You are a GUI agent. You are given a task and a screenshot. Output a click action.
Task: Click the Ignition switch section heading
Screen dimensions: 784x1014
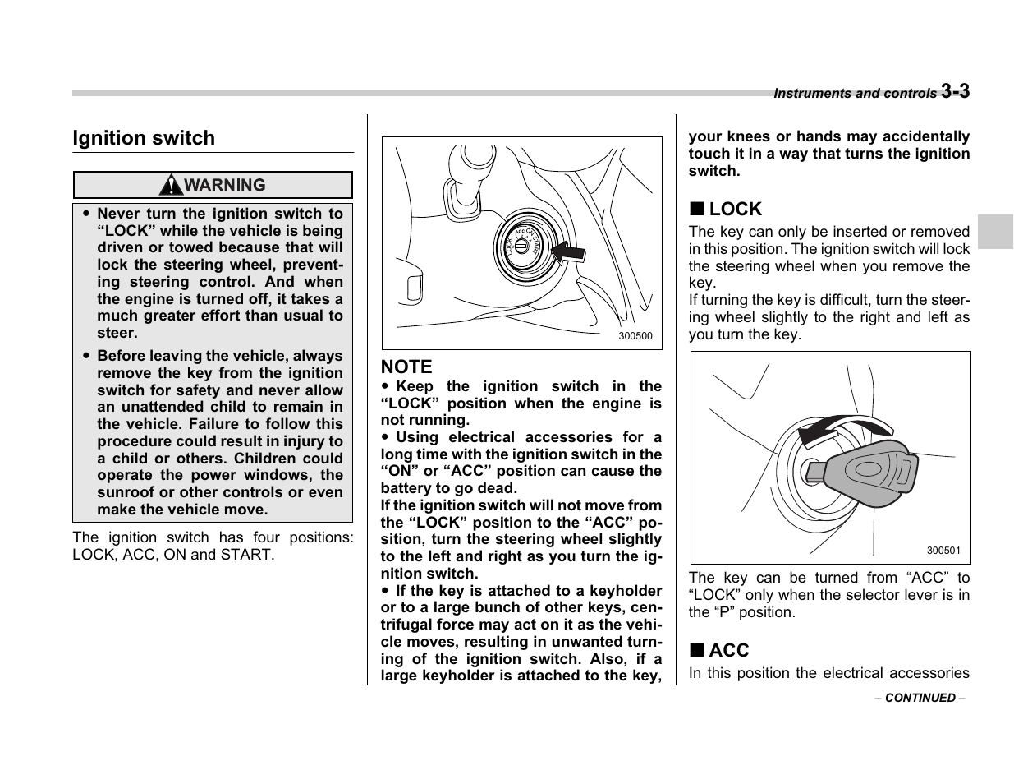point(144,138)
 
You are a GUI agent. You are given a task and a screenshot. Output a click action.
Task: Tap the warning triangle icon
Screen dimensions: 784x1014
point(172,185)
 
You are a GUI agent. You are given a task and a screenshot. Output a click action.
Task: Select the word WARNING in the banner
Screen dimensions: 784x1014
point(224,185)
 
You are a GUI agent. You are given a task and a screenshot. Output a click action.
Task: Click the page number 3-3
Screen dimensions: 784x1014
point(955,91)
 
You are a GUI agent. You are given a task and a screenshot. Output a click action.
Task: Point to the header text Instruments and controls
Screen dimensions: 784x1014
point(854,94)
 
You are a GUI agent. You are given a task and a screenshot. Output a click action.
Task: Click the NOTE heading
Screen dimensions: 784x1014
point(406,367)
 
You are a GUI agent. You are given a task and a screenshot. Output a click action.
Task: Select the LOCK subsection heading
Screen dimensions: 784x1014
point(735,209)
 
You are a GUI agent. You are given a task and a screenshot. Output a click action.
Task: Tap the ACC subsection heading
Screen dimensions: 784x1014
point(728,650)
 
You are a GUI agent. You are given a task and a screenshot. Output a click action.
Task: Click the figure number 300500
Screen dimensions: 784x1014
point(635,336)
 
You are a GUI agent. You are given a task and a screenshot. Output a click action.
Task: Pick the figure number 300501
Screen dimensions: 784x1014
point(943,551)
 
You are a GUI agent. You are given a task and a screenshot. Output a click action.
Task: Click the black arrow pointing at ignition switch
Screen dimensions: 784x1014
point(567,251)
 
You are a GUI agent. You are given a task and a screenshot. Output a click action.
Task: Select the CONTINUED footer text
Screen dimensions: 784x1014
point(920,698)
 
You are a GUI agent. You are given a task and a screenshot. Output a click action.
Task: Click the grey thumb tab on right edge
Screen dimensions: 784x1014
point(995,233)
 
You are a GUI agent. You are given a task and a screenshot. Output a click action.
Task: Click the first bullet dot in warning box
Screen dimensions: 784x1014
point(85,214)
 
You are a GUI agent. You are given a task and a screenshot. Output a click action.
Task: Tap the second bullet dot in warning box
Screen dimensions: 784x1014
point(85,356)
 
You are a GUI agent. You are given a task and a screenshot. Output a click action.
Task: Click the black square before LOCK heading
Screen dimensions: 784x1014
point(695,210)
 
